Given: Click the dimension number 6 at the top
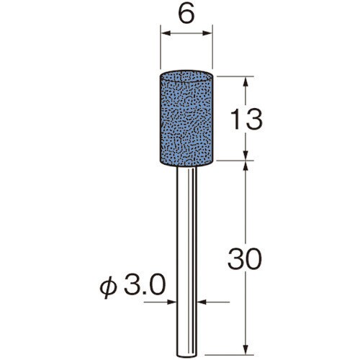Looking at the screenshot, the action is coord(186,14).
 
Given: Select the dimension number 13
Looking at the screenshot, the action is coord(246,119).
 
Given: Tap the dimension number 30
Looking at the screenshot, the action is coord(245,258).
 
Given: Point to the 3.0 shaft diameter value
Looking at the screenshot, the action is coord(145,284).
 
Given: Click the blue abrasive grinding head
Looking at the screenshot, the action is coord(186,118).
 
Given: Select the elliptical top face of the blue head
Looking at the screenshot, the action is coord(186,76).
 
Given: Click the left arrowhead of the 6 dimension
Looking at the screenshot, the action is coord(166,33).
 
